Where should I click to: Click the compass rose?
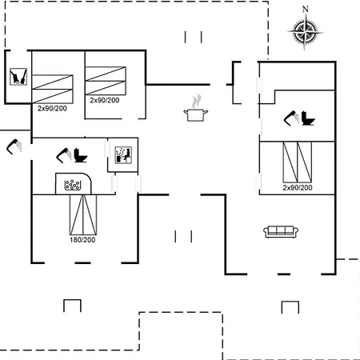(306, 32)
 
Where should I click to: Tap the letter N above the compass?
(306, 9)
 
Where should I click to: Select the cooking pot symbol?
(196, 115)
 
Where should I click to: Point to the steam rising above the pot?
(196, 101)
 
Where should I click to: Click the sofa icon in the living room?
(281, 231)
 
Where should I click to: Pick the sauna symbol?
(123, 155)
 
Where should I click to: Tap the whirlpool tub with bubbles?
(73, 185)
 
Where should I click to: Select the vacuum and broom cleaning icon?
(18, 77)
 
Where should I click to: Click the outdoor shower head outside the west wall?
(14, 146)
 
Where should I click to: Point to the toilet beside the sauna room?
(80, 155)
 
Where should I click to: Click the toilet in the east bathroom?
(308, 118)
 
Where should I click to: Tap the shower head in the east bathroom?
(292, 118)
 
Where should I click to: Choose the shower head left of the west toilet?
(64, 155)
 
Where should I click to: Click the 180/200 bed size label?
(82, 240)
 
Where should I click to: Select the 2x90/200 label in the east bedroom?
(298, 187)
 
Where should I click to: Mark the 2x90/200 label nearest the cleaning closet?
(52, 108)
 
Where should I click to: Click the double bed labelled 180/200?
(83, 215)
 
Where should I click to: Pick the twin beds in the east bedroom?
(297, 162)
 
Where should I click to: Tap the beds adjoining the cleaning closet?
(52, 89)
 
